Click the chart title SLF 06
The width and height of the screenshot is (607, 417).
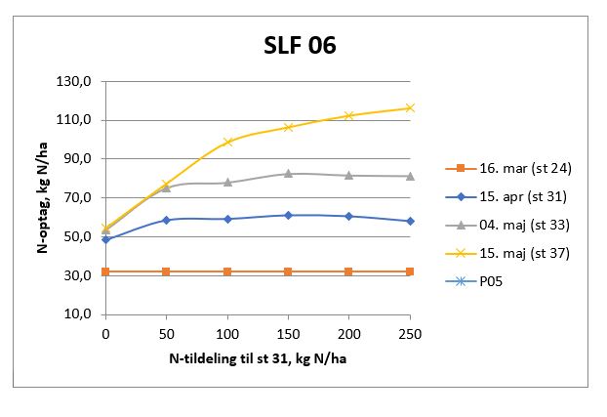(x=300, y=46)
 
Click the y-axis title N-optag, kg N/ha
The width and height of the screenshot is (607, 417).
(x=44, y=195)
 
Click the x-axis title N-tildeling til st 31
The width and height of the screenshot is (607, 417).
(x=258, y=358)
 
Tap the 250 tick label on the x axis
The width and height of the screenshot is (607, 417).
(x=410, y=334)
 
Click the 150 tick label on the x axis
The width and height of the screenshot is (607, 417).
(x=288, y=334)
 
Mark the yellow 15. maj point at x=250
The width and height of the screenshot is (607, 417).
(x=410, y=107)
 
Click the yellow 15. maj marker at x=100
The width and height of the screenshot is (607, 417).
(x=227, y=142)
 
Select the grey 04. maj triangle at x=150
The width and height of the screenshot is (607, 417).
(x=288, y=173)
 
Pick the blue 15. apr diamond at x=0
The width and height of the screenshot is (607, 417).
(x=105, y=239)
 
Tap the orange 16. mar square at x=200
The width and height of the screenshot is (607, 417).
(x=348, y=271)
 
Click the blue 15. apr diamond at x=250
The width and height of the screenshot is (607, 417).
(x=410, y=221)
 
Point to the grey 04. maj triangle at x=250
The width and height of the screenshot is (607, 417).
(x=410, y=176)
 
